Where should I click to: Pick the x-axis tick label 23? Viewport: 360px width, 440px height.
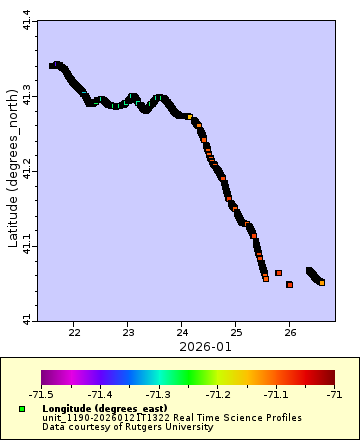[x=128, y=331]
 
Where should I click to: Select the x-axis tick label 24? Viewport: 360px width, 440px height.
[x=182, y=331]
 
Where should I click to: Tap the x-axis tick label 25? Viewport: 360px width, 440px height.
[x=235, y=331]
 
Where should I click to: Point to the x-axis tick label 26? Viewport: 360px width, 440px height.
[x=289, y=331]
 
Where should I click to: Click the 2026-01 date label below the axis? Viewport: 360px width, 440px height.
[x=184, y=346]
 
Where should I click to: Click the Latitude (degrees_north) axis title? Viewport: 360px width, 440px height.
[x=11, y=169]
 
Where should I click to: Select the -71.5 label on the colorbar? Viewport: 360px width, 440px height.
[x=41, y=394]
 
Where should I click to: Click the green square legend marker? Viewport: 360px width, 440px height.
[x=21, y=409]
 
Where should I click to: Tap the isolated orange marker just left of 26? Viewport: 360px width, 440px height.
[x=279, y=272]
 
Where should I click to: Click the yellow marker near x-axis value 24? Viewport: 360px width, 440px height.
[x=189, y=117]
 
